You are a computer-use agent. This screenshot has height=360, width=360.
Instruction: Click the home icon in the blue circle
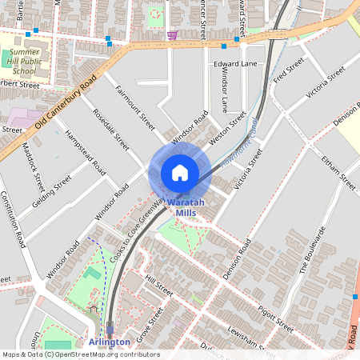click(x=180, y=172)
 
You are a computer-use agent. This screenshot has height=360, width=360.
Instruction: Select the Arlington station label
click(x=109, y=342)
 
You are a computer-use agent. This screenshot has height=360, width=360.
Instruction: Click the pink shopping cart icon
click(x=173, y=35)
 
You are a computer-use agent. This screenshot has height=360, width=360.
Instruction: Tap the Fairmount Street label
click(x=135, y=110)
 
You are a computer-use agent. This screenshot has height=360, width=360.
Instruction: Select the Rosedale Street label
click(x=111, y=130)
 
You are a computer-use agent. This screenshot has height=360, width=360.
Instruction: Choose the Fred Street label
click(x=289, y=71)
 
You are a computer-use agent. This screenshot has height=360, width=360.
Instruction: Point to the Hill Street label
click(x=159, y=285)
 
